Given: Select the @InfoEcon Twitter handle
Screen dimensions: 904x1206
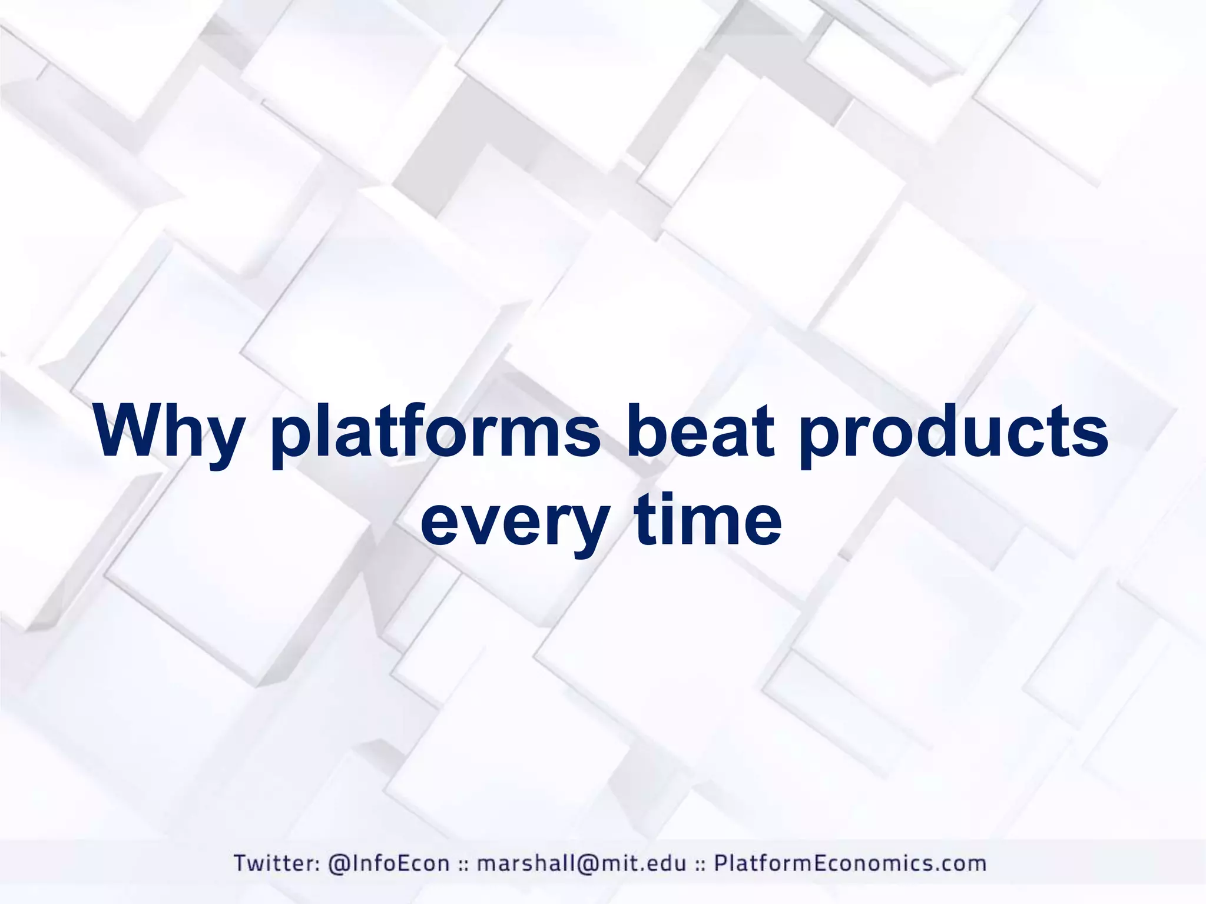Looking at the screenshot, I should pyautogui.click(x=389, y=863).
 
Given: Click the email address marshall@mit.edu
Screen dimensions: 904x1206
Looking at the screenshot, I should pyautogui.click(x=581, y=863).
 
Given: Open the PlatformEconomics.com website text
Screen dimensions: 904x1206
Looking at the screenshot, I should pyautogui.click(x=850, y=863).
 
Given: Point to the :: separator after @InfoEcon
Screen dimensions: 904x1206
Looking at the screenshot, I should pyautogui.click(x=464, y=865).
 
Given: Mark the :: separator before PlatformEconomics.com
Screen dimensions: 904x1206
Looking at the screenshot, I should pyautogui.click(x=700, y=865).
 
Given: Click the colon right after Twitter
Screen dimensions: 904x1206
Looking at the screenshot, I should pyautogui.click(x=317, y=865).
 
